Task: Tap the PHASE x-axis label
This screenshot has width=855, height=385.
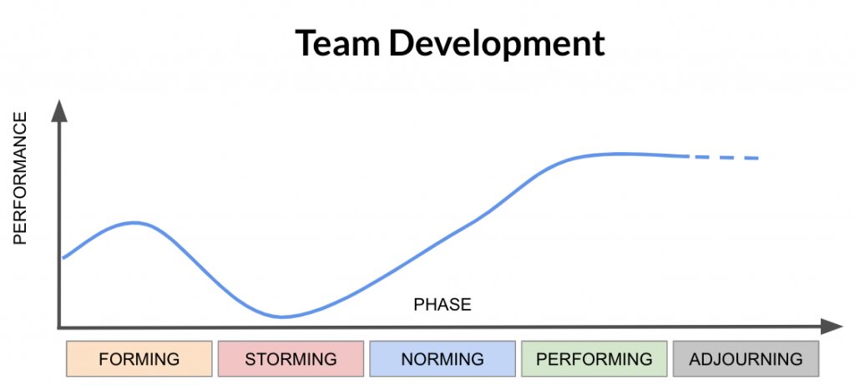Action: coord(443,305)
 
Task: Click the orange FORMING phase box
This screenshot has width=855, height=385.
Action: coord(139,359)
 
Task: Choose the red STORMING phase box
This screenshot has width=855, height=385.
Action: coord(291,359)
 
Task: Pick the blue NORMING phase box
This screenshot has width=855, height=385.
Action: coord(443,359)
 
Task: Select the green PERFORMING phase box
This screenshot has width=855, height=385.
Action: coord(594,359)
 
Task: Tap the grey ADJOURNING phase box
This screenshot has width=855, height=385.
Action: coord(746,359)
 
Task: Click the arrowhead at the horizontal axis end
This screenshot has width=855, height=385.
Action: coord(832,327)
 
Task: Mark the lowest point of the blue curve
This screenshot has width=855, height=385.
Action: coord(281,317)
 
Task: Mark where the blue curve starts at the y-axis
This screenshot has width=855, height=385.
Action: coord(63,258)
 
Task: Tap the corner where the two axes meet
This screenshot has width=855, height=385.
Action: coord(59,327)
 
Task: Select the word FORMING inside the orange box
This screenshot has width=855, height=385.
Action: coord(139,359)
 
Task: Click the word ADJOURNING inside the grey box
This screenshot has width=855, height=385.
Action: coord(746,359)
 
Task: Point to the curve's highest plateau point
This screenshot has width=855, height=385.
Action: coord(618,154)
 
